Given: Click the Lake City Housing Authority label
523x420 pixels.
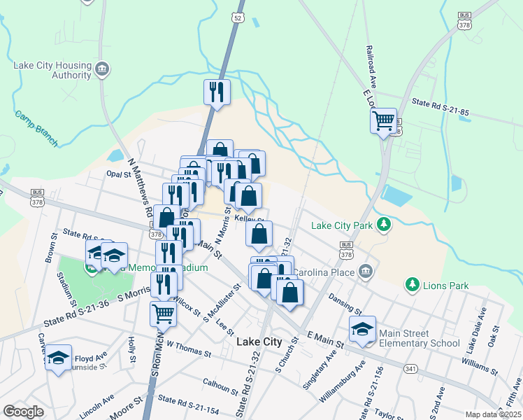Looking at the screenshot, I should (x=52, y=70).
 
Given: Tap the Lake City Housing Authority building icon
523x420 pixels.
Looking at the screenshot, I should (x=103, y=69).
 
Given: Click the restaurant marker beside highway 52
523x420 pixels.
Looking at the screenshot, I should (x=217, y=92).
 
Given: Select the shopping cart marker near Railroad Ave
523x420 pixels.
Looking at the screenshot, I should (x=383, y=121).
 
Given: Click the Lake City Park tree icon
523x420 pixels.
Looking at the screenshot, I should (x=383, y=225).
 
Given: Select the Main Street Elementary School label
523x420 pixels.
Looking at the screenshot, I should (x=418, y=339).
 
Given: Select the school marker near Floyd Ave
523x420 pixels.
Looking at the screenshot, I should (x=59, y=357).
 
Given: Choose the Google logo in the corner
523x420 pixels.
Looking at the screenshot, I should (x=24, y=412).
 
